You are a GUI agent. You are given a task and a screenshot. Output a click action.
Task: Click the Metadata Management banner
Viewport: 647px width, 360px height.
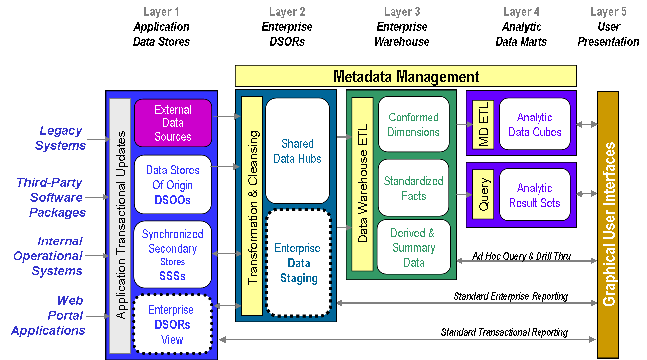coord(406,76)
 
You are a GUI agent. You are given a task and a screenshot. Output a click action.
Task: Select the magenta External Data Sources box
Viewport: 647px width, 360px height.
coord(173,123)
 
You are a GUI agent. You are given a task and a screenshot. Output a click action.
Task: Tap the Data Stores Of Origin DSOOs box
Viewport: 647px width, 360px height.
coord(173,185)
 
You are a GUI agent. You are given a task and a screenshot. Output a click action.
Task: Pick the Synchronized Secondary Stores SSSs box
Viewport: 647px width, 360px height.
coord(173,254)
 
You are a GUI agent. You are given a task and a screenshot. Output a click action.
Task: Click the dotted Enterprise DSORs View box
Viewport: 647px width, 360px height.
coord(173,324)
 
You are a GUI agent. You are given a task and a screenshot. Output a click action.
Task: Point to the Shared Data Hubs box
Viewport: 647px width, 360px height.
coord(298,151)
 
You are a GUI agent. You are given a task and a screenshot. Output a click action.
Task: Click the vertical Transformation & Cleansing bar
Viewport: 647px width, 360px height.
coord(252,206)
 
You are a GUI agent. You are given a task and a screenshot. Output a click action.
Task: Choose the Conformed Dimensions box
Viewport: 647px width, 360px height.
coord(414,124)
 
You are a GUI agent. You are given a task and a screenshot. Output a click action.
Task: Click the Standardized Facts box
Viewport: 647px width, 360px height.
coord(414,188)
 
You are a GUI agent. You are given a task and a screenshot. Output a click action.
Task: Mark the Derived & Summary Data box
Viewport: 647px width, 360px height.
coord(414,247)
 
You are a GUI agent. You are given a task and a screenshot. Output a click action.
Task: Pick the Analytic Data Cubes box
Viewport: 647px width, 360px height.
coord(535,124)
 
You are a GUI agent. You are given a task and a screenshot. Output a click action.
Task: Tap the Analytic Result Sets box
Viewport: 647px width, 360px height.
coord(535,195)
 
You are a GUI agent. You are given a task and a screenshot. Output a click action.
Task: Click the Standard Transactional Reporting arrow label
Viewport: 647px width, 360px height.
coord(504,332)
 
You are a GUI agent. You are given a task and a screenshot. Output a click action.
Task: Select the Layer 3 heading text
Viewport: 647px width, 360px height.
coord(402,12)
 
